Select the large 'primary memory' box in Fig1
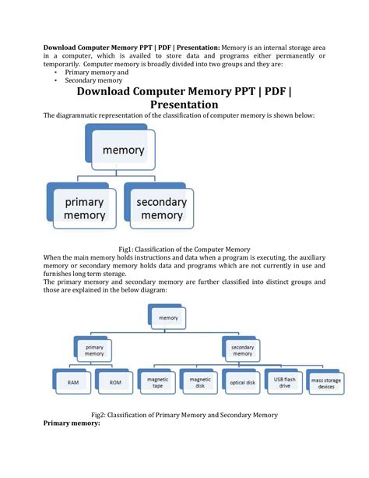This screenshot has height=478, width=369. coord(84,208)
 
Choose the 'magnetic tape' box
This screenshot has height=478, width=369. coord(156,381)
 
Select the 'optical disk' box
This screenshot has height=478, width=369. coord(242,383)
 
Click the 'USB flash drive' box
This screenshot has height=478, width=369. coord(283,381)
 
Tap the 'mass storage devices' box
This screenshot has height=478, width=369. coord(326,382)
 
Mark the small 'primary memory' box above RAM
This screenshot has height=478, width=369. coord(94,349)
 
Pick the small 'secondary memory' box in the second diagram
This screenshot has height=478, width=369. coord(241,349)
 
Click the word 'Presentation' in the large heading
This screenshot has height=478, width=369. coord(184,104)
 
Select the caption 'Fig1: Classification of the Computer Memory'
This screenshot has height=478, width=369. coord(184,249)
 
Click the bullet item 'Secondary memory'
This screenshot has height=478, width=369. coord(93,80)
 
